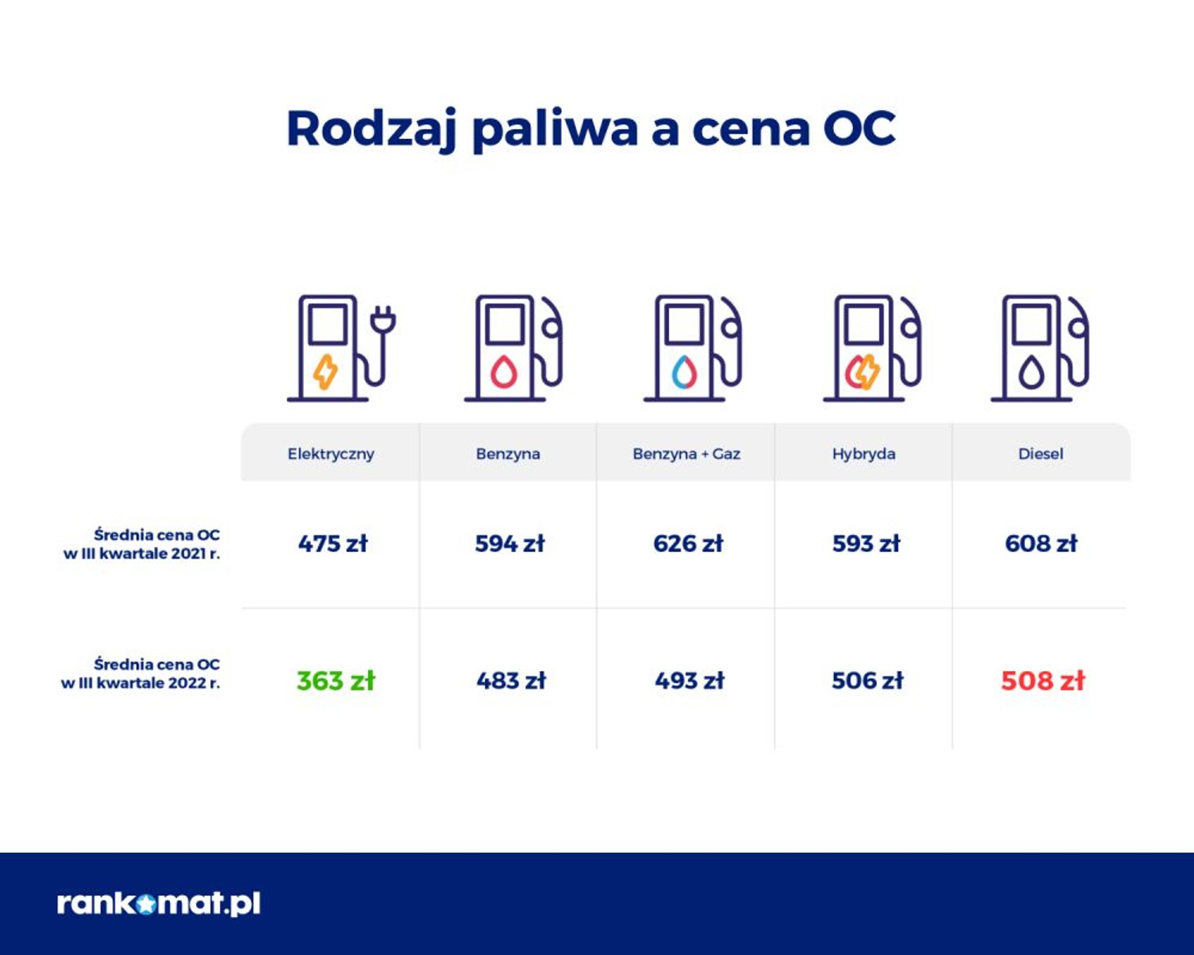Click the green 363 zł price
(335, 681)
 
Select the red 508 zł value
(1042, 681)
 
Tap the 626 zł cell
(688, 544)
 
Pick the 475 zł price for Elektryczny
(333, 544)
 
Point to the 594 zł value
(509, 544)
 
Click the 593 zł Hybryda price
(866, 544)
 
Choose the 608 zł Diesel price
(1041, 544)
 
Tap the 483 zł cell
(511, 681)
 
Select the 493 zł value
(689, 681)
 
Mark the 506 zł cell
(867, 681)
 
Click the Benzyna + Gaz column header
(686, 454)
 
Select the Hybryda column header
(864, 454)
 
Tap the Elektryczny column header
(331, 454)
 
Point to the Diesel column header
(1040, 454)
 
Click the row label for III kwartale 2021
(142, 544)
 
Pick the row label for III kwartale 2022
(141, 674)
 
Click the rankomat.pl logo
(159, 903)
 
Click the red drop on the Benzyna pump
(504, 372)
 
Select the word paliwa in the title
(554, 130)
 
